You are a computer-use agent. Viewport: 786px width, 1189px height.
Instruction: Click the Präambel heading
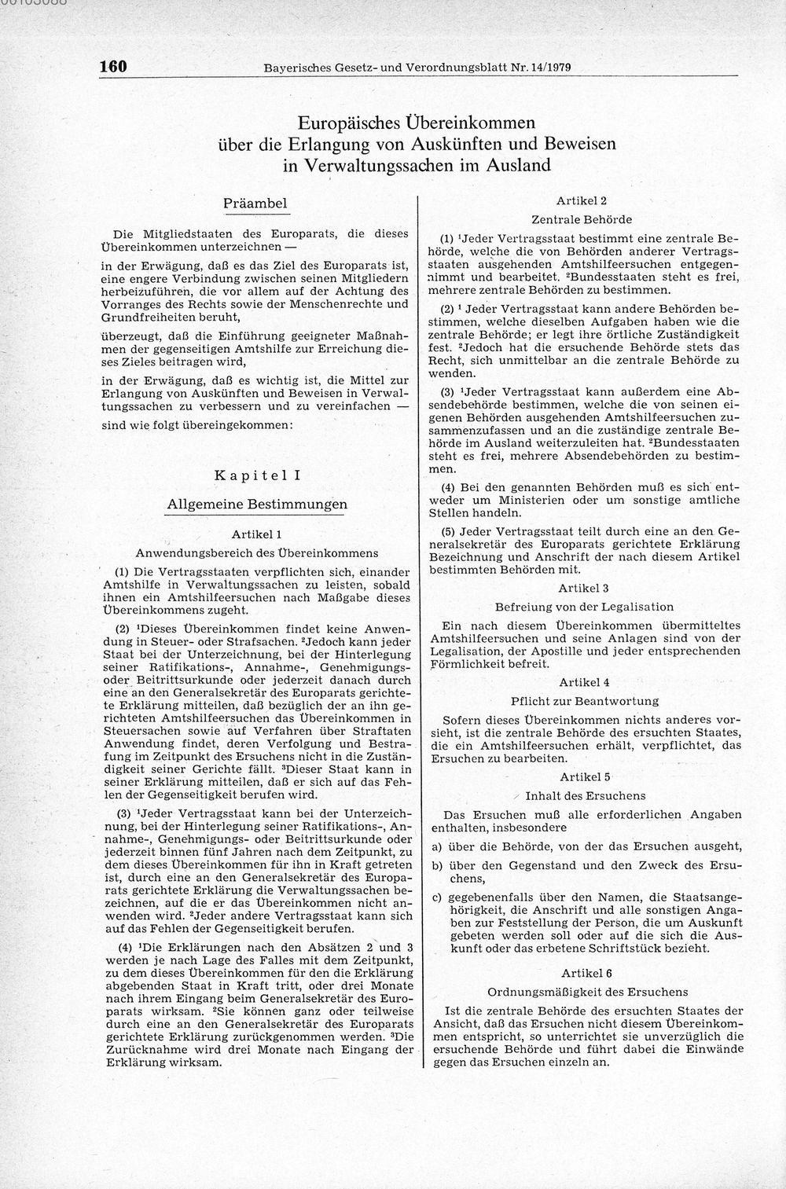pos(255,203)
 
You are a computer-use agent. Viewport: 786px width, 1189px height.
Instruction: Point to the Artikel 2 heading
pos(582,201)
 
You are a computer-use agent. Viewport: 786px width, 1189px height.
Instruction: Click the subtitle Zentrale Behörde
pos(582,219)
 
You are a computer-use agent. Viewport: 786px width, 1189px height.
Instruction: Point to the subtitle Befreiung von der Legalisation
pos(584,607)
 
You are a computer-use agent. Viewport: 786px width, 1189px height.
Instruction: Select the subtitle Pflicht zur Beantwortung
pos(584,700)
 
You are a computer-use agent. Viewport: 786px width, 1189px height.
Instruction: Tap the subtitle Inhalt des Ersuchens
pos(585,795)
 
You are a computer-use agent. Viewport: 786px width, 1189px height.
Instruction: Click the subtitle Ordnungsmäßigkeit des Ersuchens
pos(587,992)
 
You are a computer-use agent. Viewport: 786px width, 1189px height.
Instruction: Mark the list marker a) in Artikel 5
pos(435,846)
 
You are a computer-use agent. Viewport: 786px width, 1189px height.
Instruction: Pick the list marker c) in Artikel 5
pos(435,897)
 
